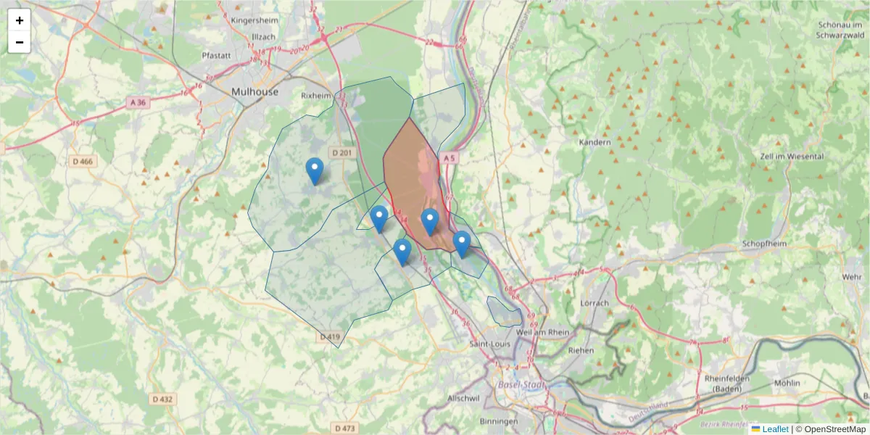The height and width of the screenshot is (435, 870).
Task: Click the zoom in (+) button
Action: (20, 20)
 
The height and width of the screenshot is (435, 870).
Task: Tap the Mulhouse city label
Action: (254, 92)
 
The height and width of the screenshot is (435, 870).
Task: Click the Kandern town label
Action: (595, 142)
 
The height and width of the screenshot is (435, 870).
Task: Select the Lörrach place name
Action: (594, 302)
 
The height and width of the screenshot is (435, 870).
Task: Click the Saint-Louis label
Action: (490, 343)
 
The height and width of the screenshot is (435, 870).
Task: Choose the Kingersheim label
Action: (254, 20)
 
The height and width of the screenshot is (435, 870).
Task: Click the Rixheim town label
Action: (315, 95)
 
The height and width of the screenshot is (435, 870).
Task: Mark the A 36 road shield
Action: (137, 103)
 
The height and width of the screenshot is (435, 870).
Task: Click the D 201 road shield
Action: (341, 152)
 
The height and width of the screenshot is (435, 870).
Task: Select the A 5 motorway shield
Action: (449, 157)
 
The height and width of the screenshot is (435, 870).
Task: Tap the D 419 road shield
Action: (329, 337)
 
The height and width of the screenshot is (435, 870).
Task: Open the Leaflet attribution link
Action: (774, 429)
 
